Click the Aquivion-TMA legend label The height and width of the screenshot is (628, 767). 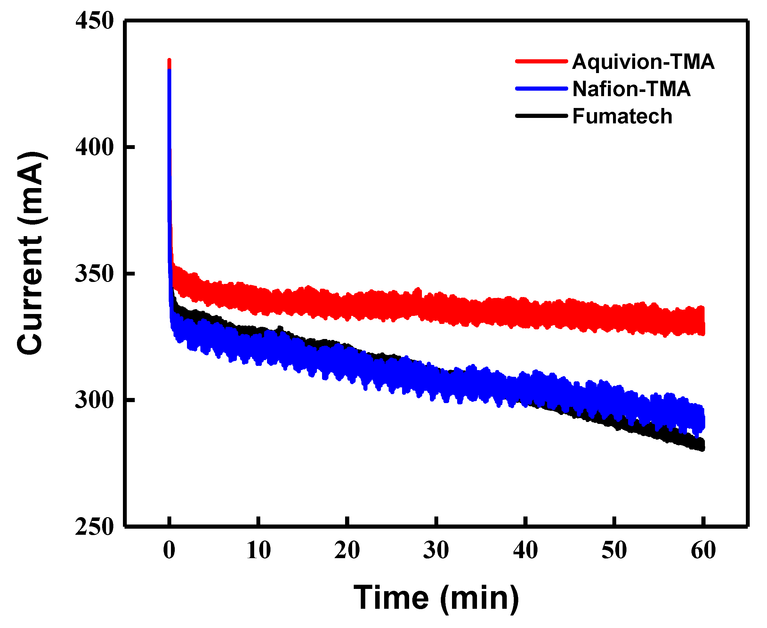(643, 62)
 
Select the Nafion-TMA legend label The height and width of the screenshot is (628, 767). (631, 89)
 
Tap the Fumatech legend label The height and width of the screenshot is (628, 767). (622, 117)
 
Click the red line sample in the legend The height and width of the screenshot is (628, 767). (541, 61)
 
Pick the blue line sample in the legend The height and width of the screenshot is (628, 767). (541, 88)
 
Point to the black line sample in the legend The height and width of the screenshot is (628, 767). (541, 116)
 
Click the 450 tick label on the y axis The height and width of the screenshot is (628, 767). (95, 21)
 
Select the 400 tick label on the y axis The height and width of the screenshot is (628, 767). (95, 147)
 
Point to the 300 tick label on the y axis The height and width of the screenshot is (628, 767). (95, 400)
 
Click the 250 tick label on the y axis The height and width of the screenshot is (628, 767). (95, 527)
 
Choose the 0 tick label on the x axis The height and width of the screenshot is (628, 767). (169, 550)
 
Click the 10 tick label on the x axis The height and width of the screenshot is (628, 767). (258, 550)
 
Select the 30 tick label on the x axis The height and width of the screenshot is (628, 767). (436, 550)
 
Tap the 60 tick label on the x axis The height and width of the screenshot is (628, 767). (703, 550)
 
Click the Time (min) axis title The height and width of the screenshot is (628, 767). (436, 598)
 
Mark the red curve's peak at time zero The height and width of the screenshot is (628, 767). (169, 60)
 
